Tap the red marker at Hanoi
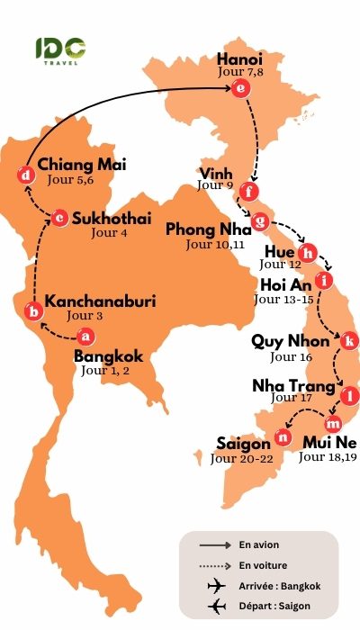tap(238, 88)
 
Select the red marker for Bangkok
tap(85, 337)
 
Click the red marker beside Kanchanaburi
tap(34, 311)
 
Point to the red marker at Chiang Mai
tap(26, 175)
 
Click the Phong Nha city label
tap(210, 229)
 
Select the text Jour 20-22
tap(241, 458)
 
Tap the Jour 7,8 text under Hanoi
tap(239, 73)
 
